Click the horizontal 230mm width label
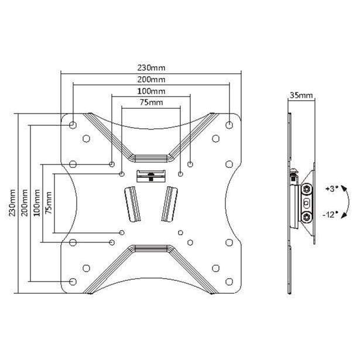click(x=151, y=67)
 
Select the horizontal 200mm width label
click(x=151, y=79)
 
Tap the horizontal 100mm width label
click(x=151, y=91)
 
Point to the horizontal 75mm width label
click(x=151, y=103)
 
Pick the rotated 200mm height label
click(x=24, y=203)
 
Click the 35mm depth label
click(x=300, y=95)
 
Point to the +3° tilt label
click(x=330, y=189)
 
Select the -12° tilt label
click(x=330, y=215)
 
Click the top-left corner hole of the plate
click(x=73, y=125)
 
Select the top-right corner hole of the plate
click(x=229, y=125)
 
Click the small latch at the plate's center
click(x=151, y=175)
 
